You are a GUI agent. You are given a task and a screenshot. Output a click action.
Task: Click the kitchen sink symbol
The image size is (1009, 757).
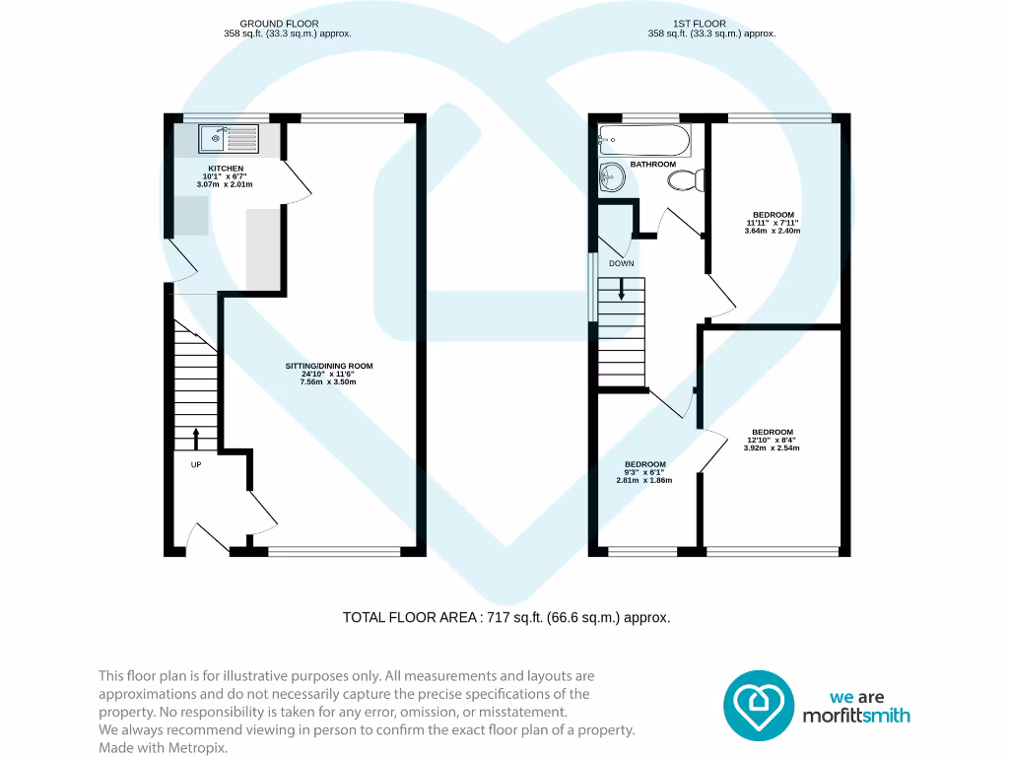[x=229, y=139]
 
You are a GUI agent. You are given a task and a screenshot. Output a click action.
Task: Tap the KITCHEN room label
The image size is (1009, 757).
[x=226, y=169]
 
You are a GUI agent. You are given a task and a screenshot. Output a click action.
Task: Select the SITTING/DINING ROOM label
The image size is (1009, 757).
[x=323, y=366]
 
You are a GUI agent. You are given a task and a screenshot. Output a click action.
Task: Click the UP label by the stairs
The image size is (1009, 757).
[x=196, y=464]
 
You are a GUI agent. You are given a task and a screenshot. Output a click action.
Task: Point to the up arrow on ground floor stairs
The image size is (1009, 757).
[x=195, y=438]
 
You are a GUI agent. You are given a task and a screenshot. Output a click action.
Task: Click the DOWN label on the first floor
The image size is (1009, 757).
[x=621, y=264]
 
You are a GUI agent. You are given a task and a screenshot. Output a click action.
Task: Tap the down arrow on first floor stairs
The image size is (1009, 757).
[x=621, y=290]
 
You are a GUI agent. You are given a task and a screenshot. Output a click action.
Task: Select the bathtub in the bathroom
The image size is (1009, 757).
[x=644, y=139]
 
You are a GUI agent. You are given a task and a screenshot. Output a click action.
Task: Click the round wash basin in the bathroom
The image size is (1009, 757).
[x=613, y=178]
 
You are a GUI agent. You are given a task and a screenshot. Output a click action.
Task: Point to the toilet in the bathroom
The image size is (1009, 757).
[x=686, y=180]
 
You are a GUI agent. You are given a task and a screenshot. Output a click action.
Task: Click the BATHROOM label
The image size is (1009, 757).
[x=652, y=164]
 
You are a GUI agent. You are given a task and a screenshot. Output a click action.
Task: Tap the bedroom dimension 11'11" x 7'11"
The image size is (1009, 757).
[x=773, y=223]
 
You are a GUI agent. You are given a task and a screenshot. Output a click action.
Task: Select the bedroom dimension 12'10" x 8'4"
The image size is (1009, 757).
[x=772, y=440]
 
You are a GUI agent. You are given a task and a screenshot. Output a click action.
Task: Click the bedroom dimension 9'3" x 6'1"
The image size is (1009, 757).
[x=644, y=472]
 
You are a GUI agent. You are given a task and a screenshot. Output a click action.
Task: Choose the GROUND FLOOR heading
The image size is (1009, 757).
[x=280, y=24]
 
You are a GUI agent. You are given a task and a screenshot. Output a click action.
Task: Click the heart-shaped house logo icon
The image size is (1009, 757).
[x=759, y=705]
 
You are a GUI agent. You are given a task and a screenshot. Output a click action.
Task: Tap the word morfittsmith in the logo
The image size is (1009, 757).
[x=854, y=716]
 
